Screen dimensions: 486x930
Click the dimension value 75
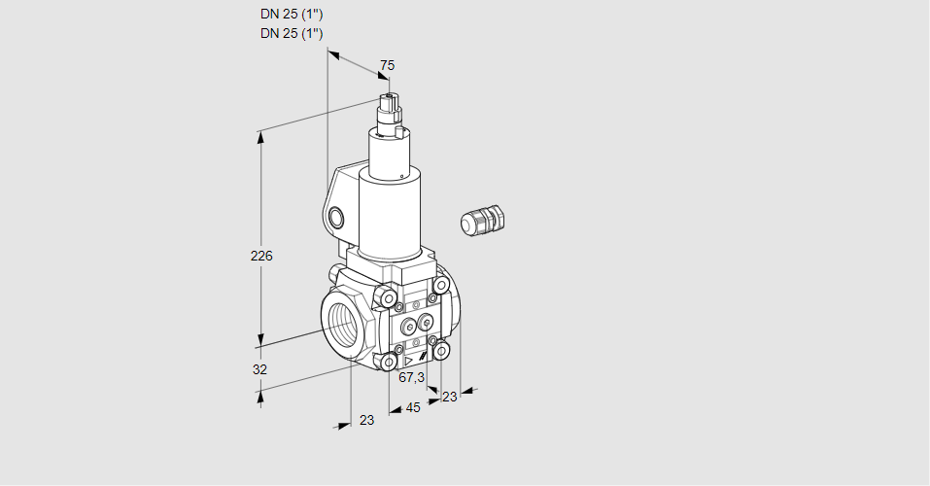pos(387,65)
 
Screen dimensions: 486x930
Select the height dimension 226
pos(261,257)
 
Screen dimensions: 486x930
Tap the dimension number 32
pos(259,369)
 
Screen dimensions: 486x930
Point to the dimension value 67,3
pos(412,377)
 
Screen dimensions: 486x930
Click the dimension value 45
pos(413,408)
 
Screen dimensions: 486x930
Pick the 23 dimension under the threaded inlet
pos(366,420)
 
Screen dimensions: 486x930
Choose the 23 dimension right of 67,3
pos(449,397)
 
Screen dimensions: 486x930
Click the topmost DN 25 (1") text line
pos(292,14)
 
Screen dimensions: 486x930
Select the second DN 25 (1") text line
pos(292,33)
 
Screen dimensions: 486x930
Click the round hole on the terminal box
pos(336,216)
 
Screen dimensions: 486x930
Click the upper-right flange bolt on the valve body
pos(441,285)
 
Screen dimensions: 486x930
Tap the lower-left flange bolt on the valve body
pos(390,362)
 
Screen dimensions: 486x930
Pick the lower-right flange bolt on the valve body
pos(441,350)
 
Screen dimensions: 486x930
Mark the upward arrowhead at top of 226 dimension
pos(260,136)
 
